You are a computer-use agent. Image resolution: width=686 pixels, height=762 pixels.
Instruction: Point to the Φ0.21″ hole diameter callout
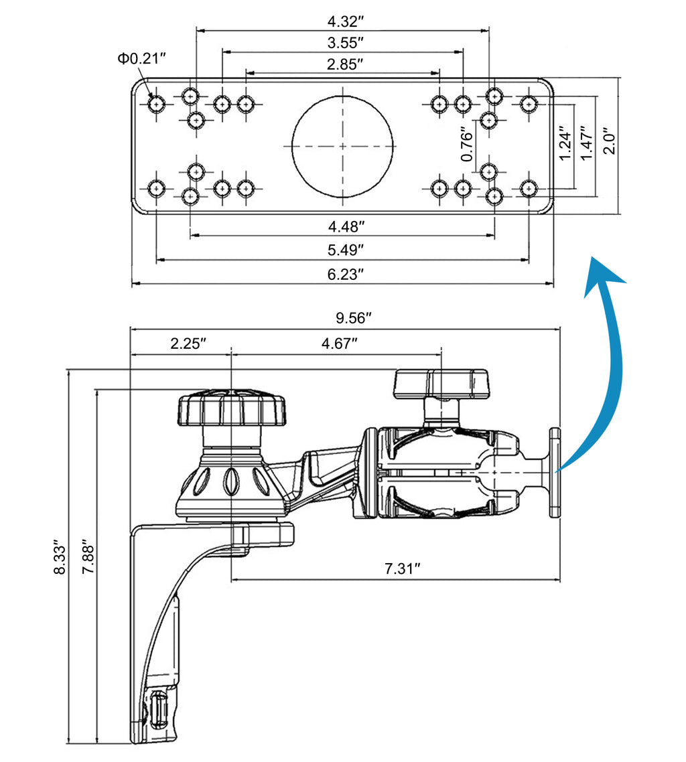click(x=141, y=59)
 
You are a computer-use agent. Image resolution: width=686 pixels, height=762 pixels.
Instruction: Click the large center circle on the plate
click(x=342, y=146)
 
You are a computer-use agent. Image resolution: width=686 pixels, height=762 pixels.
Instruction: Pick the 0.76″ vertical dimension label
click(x=468, y=145)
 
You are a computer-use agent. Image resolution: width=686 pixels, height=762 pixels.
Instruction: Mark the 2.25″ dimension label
click(x=188, y=344)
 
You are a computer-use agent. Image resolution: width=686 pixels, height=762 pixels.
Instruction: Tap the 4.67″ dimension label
click(x=339, y=344)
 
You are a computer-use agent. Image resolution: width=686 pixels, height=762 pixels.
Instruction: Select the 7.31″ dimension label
click(x=402, y=569)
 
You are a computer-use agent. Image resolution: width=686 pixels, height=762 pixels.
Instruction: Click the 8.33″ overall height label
click(x=60, y=557)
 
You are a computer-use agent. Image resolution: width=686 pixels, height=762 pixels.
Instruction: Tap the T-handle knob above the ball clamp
click(x=442, y=383)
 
